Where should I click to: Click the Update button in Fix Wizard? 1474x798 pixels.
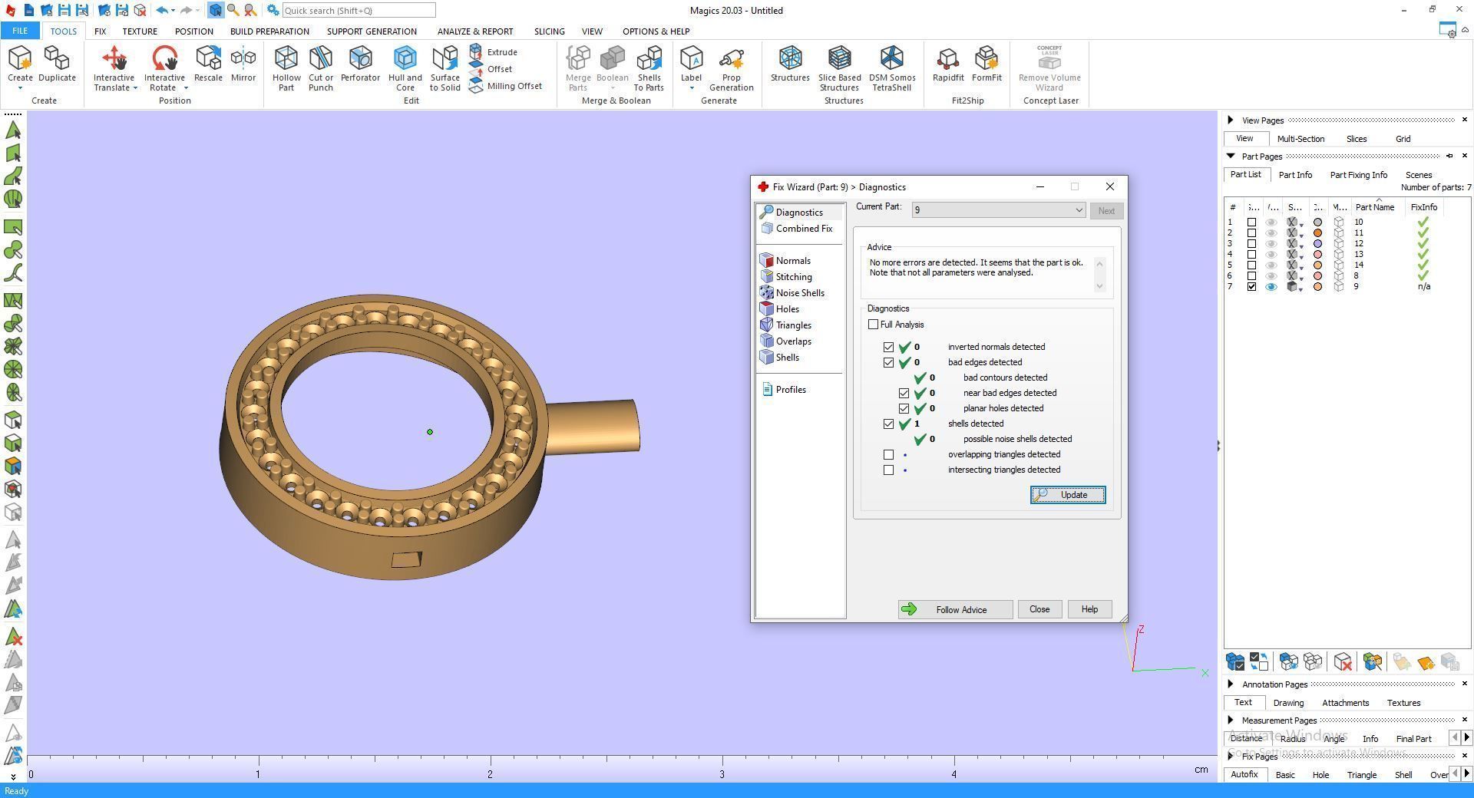point(1067,495)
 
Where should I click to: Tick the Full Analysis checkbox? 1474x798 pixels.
point(874,325)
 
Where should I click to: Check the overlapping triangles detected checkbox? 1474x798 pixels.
point(889,454)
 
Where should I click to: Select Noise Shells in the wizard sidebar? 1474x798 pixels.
point(799,293)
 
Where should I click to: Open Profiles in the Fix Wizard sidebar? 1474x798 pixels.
point(790,390)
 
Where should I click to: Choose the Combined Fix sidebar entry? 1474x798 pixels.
point(803,229)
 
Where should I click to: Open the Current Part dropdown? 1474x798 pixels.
point(1078,210)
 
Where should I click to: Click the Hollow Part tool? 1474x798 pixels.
point(286,68)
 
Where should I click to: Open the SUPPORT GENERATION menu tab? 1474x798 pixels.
point(372,31)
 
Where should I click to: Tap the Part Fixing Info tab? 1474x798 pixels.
point(1358,175)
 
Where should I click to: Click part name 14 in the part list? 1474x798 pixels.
point(1359,265)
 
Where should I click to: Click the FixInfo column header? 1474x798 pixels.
point(1423,207)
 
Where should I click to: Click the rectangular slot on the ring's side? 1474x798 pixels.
point(406,559)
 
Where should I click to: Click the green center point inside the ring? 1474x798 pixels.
point(430,432)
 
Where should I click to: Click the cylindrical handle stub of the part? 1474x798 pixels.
point(595,426)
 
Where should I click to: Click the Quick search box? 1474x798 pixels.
point(359,11)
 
